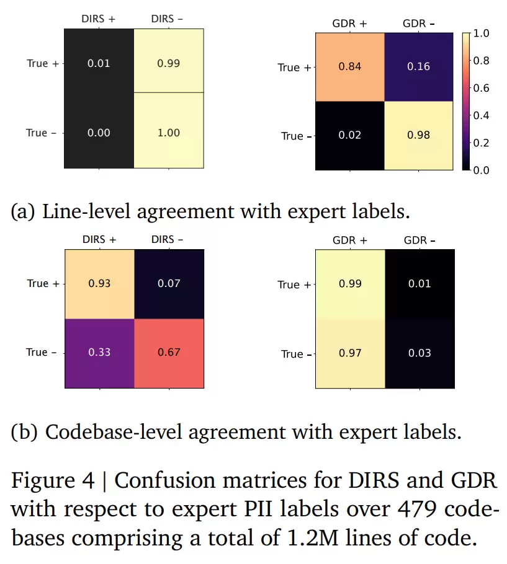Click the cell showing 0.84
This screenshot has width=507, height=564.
point(350,67)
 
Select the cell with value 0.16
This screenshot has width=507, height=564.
point(419,67)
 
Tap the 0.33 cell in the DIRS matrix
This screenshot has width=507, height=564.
point(99,352)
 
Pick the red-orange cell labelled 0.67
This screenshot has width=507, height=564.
point(169,352)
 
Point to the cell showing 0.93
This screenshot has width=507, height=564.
point(99,283)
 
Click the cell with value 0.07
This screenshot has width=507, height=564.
point(169,283)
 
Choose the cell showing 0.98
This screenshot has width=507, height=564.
point(419,136)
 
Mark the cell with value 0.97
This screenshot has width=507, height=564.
point(350,353)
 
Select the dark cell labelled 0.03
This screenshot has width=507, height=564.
point(419,353)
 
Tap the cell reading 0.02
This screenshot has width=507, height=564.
point(350,136)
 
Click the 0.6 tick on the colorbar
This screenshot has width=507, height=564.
point(482,88)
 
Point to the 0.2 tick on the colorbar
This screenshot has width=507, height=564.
point(482,143)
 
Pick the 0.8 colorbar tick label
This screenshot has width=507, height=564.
point(482,61)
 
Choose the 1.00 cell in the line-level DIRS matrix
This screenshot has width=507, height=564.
point(169,133)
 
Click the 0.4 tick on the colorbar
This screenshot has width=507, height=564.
point(482,115)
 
